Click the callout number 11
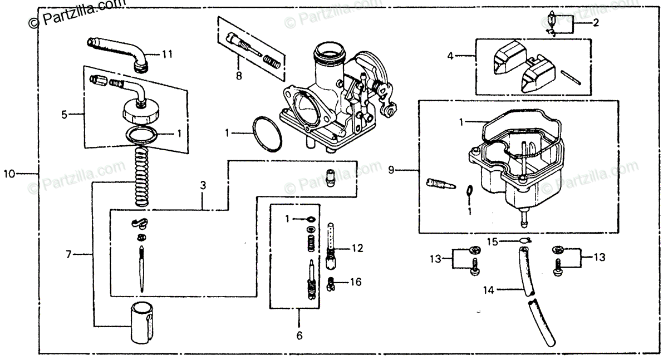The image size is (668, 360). click(x=167, y=54)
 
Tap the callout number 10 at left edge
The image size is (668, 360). click(x=9, y=174)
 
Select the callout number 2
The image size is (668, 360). click(x=596, y=23)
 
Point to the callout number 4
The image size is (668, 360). click(x=450, y=56)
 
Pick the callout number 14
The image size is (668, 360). click(x=488, y=289)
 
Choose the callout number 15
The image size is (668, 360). click(x=492, y=241)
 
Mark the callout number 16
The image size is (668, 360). click(x=356, y=282)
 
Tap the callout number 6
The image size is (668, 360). click(x=298, y=336)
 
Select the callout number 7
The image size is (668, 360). click(x=68, y=254)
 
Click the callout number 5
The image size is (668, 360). click(x=65, y=115)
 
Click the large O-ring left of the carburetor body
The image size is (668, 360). click(x=266, y=134)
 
